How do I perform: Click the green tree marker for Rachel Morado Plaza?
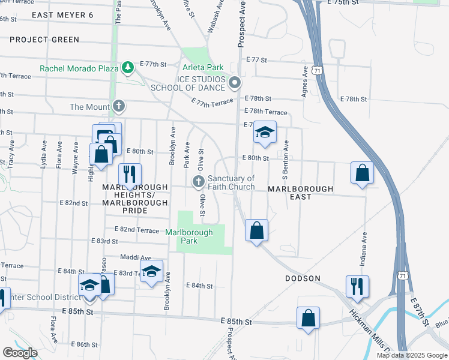127,68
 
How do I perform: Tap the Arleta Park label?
203,68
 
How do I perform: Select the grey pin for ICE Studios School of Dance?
235,82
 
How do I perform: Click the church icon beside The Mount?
119,107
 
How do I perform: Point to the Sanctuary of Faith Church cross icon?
199,181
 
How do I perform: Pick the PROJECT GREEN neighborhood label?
44,40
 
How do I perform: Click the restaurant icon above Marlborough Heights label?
130,175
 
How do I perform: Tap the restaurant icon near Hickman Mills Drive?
357,287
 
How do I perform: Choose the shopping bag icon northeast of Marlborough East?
362,172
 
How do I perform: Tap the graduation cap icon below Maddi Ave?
151,271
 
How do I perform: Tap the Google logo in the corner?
20,353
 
